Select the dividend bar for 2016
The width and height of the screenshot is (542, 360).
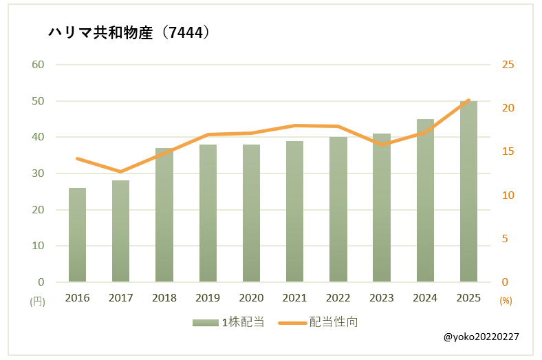(x=78, y=235)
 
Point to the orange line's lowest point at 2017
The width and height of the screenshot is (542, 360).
(x=121, y=171)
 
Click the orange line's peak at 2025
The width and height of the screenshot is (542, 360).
(x=468, y=100)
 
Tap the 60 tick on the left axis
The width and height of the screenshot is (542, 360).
(x=38, y=65)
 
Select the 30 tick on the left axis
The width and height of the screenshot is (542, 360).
(x=38, y=173)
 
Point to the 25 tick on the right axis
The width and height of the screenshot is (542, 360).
(x=508, y=65)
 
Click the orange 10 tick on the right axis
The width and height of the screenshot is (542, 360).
(x=508, y=195)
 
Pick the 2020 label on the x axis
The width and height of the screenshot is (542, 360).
(x=251, y=298)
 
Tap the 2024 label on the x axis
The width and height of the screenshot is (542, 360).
(x=425, y=298)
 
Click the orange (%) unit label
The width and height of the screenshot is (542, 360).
(x=506, y=301)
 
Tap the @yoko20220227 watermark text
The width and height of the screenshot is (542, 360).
(x=481, y=337)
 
